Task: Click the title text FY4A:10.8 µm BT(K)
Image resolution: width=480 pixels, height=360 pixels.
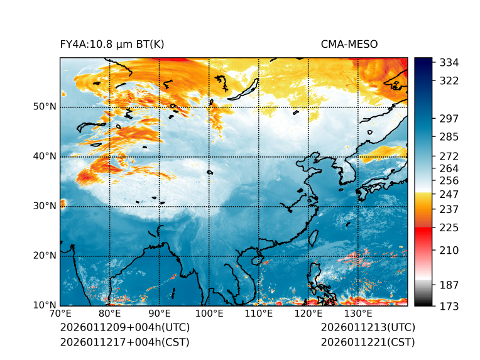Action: tap(112, 44)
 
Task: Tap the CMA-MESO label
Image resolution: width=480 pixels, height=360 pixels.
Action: tap(349, 44)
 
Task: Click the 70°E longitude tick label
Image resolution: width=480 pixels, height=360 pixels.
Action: tap(60, 314)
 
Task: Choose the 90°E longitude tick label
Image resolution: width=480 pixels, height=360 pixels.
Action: tap(160, 314)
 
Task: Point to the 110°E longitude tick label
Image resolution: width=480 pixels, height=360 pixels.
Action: tap(258, 314)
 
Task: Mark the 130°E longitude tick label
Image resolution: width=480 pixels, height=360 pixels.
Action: tap(357, 314)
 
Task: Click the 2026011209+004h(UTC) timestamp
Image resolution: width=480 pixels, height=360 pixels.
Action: tap(125, 328)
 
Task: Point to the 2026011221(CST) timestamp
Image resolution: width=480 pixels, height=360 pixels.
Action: tap(368, 342)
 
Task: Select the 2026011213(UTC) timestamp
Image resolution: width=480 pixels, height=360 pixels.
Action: tap(368, 328)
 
